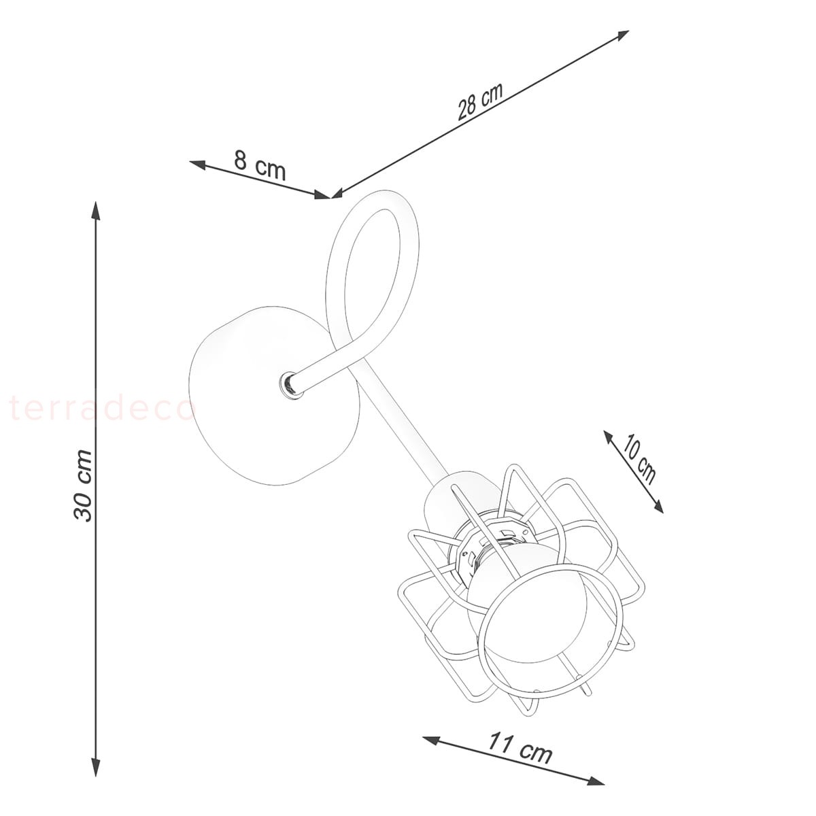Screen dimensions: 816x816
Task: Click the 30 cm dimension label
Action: [83, 486]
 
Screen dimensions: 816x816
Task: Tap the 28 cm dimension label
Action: [480, 101]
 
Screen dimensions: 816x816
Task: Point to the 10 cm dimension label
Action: [639, 460]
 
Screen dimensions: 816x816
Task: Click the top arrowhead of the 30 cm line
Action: [96, 210]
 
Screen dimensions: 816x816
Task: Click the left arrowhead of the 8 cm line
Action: [198, 165]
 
